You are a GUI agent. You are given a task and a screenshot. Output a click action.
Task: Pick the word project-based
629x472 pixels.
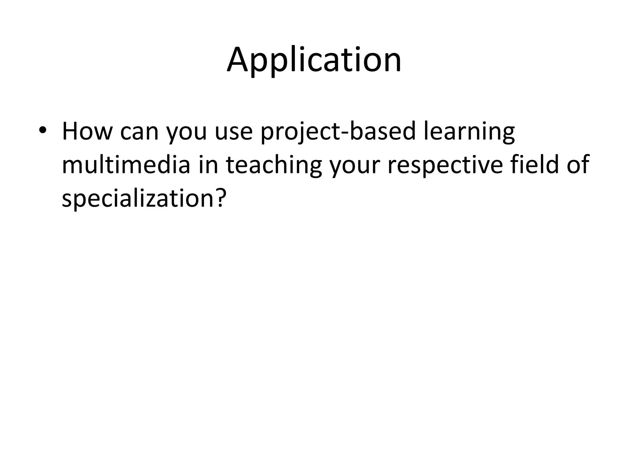pyautogui.click(x=338, y=132)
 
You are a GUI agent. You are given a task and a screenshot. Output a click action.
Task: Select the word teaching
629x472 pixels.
pyautogui.click(x=274, y=166)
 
